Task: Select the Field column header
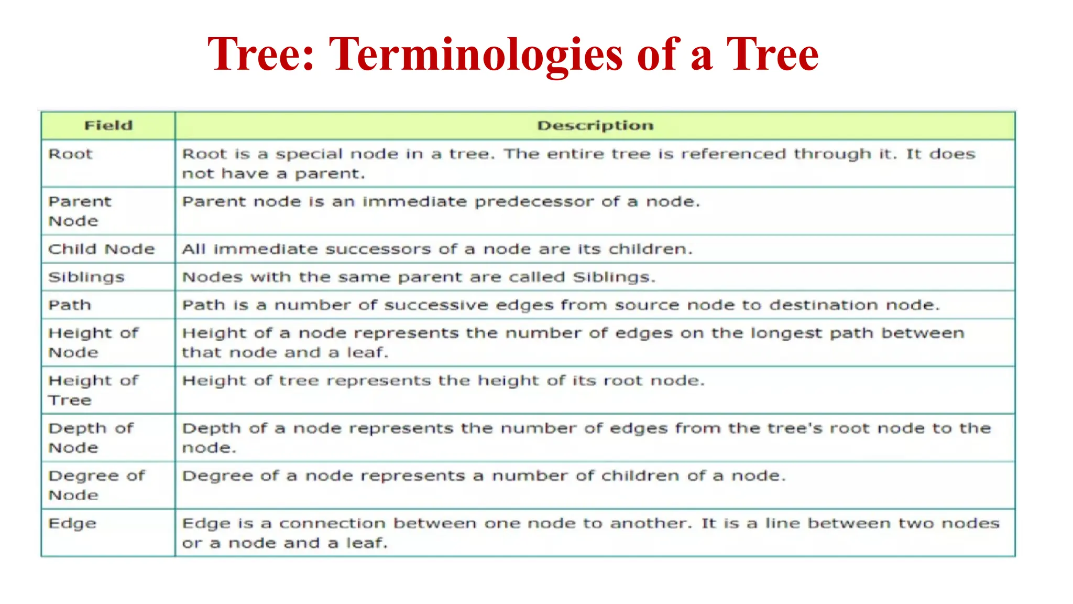click(108, 125)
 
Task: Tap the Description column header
click(595, 125)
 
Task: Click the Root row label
click(70, 154)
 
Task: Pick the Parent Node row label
click(80, 211)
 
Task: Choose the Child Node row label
click(102, 249)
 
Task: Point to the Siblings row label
click(86, 277)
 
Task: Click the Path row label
click(70, 305)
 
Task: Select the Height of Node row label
click(93, 342)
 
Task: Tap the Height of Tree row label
click(93, 390)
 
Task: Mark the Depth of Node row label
click(91, 438)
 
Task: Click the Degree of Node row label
click(96, 485)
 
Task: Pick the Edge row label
click(72, 524)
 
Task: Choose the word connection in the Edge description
click(332, 524)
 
